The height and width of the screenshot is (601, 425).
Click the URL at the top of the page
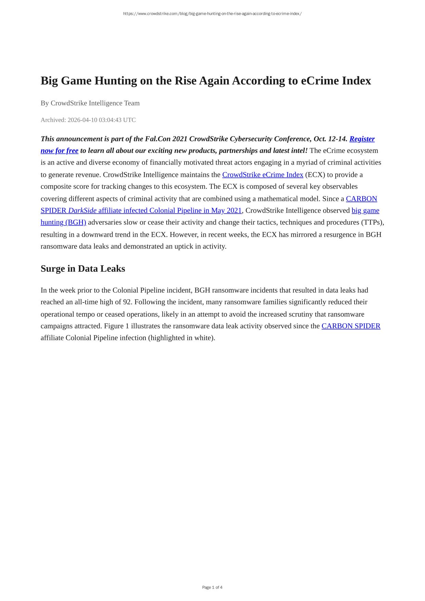pos(212,14)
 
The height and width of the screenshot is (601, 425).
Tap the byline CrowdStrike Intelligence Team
pos(95,103)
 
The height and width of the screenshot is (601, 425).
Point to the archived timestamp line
pos(88,120)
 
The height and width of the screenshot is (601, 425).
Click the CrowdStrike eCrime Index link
pos(262,175)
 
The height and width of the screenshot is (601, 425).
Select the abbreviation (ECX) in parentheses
pos(315,175)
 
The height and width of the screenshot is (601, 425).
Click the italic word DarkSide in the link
pos(82,210)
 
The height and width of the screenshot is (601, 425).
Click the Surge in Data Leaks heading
pos(83,269)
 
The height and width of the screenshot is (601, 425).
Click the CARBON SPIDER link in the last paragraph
pos(351,326)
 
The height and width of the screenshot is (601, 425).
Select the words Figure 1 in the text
pos(116,326)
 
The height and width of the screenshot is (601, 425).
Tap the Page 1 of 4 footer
pos(212,587)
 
